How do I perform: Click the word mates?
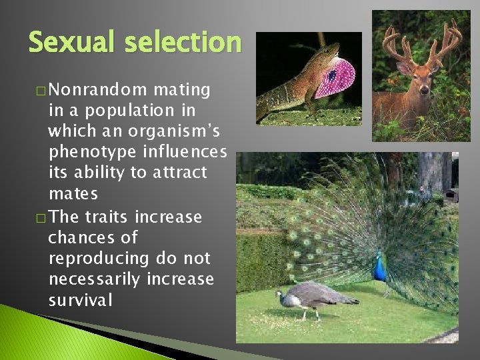tap(73, 194)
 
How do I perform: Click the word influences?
tap(189, 152)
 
